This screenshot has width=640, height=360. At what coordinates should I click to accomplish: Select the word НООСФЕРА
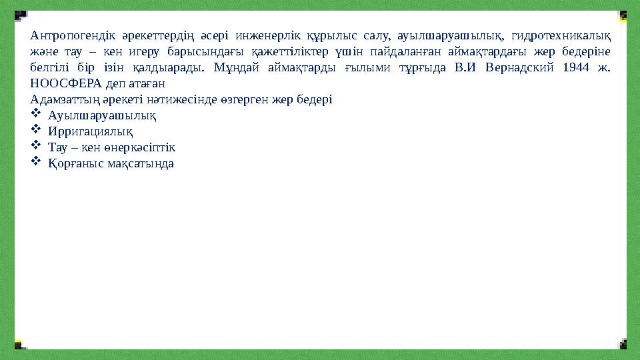65,84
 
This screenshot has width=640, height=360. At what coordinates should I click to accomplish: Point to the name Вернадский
515,68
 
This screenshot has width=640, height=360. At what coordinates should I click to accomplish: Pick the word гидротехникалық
565,35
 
